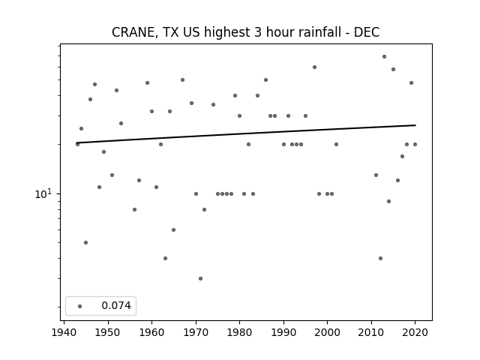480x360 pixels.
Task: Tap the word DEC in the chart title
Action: click(x=367, y=32)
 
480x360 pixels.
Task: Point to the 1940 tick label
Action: click(x=64, y=332)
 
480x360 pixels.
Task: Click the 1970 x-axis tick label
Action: click(x=196, y=332)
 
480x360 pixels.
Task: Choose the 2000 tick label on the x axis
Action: click(x=328, y=332)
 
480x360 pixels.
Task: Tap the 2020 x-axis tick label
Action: click(x=415, y=332)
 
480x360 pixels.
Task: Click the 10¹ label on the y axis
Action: click(x=43, y=193)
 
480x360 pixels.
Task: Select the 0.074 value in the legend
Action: click(x=116, y=305)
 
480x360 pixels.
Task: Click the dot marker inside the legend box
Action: click(x=80, y=306)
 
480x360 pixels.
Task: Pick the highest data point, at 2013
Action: click(x=384, y=57)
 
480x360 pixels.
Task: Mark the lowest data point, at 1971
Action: click(x=200, y=278)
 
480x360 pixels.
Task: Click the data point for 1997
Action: click(x=314, y=67)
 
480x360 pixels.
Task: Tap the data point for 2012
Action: click(x=380, y=258)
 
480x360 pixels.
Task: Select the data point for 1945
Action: click(x=85, y=243)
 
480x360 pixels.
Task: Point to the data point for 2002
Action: click(x=336, y=144)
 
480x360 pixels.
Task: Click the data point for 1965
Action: click(x=173, y=230)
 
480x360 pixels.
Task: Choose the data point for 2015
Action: click(x=393, y=70)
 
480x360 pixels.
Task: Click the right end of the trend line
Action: click(x=415, y=125)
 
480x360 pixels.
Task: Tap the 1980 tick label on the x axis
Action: click(x=240, y=332)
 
